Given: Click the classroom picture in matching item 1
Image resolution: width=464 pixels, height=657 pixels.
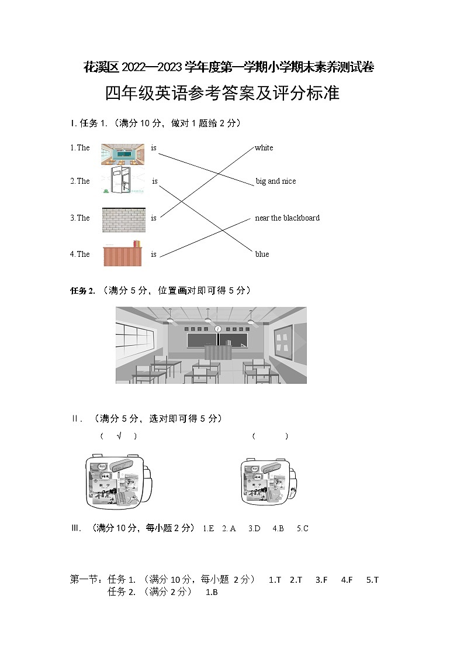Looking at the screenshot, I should coord(122,154).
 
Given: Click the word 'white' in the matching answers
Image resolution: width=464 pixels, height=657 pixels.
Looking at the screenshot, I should coord(264,148).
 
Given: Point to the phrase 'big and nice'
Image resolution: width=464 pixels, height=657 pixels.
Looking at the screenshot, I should coord(276,181).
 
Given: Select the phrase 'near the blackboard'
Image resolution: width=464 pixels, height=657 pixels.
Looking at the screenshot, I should coord(287,218).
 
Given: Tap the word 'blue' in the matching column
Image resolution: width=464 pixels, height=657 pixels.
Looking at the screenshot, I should coord(262,254).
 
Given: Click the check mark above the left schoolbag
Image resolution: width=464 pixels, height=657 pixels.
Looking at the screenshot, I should coord(119,436).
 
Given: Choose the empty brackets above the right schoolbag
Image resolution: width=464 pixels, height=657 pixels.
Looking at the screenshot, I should coord(270,436).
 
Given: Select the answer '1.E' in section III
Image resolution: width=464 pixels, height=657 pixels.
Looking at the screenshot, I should coord(208,529).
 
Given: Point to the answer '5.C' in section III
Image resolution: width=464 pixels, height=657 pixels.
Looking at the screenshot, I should coord(302,529).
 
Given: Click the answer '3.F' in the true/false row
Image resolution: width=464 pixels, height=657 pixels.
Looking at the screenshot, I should coord(321,580).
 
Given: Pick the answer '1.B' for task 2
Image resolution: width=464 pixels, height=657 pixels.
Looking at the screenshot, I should coord(212,592).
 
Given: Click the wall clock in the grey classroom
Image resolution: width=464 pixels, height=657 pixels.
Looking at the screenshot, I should coord(218,329).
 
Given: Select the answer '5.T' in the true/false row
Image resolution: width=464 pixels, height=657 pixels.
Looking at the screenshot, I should coord(372,580).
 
